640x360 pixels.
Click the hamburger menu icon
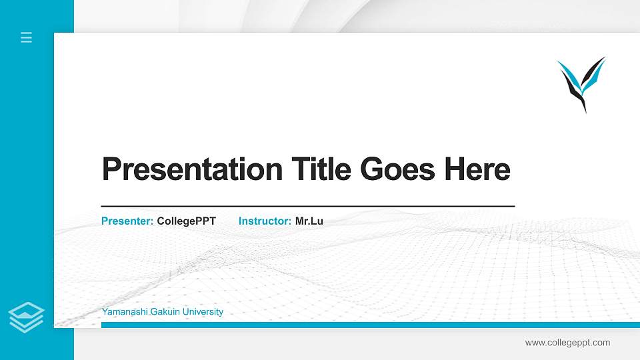(27, 37)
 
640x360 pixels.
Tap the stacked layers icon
(27, 317)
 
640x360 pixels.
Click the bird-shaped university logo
(581, 83)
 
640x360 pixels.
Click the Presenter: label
(127, 221)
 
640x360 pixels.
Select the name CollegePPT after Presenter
(187, 221)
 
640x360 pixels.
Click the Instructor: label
(265, 221)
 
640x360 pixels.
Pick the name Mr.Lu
(309, 221)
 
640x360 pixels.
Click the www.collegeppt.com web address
(567, 343)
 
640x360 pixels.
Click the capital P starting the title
(111, 169)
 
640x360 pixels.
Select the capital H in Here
(454, 169)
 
